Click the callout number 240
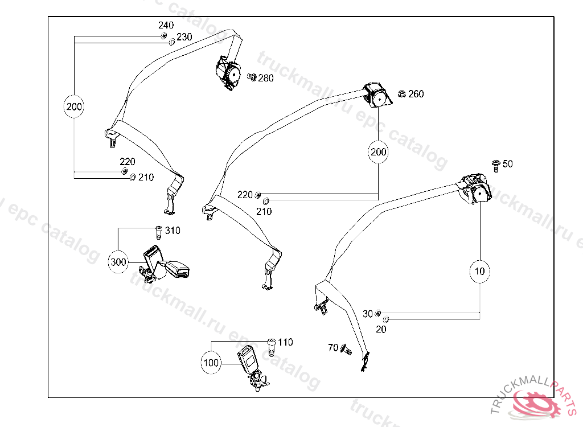[166, 26]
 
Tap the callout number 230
[184, 37]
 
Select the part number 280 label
[266, 78]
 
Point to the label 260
[416, 94]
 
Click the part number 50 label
[508, 164]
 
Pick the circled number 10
[480, 271]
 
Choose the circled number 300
[118, 262]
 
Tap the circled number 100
[211, 362]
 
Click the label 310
[173, 231]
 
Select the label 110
[286, 342]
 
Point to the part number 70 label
[333, 347]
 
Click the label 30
[368, 314]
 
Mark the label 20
[381, 329]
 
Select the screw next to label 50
[495, 165]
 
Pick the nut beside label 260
[401, 94]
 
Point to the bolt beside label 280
[251, 77]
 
